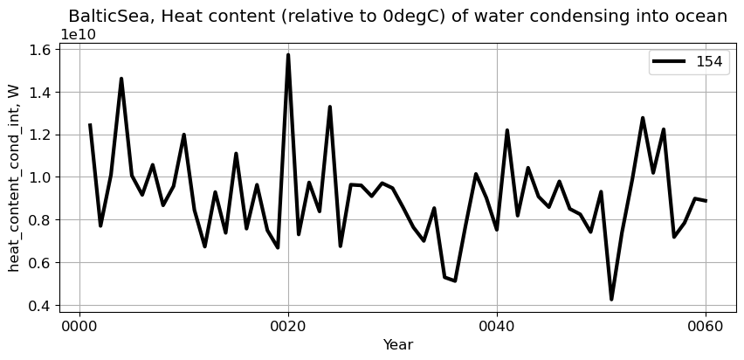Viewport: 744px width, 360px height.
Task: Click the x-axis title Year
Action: (397, 345)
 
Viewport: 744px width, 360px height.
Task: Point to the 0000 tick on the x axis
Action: (79, 327)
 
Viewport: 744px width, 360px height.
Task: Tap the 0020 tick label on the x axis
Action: (288, 327)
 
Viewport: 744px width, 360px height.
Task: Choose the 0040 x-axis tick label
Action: (497, 327)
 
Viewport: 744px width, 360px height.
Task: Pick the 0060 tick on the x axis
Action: (706, 327)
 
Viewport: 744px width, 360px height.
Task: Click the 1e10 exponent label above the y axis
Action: (78, 34)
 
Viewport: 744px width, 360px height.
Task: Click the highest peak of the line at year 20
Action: (288, 55)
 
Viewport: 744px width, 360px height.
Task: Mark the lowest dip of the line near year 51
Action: (611, 300)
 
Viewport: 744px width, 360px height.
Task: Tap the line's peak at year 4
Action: (121, 79)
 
